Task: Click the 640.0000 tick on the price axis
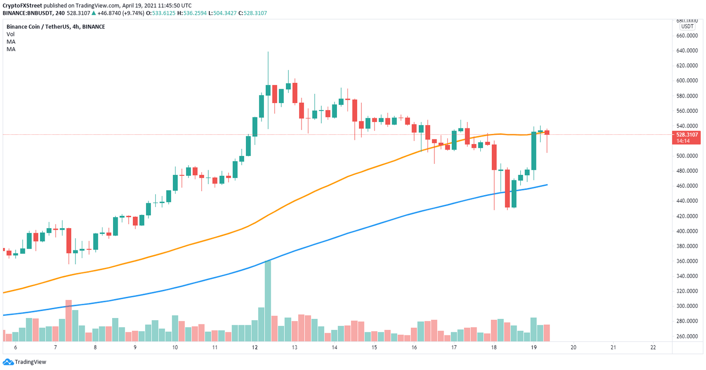point(687,51)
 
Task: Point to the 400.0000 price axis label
point(687,231)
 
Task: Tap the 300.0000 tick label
point(687,306)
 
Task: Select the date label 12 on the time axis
point(255,347)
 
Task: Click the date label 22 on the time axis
point(654,347)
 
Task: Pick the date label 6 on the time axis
point(16,347)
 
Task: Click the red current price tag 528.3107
point(687,135)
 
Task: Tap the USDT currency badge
point(687,27)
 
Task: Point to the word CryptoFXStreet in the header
point(25,6)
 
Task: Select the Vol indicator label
point(11,34)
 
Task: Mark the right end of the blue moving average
point(547,185)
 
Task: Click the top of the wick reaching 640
point(268,52)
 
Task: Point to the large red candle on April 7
point(69,240)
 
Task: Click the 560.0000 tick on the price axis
point(687,111)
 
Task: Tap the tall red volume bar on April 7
point(68,320)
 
